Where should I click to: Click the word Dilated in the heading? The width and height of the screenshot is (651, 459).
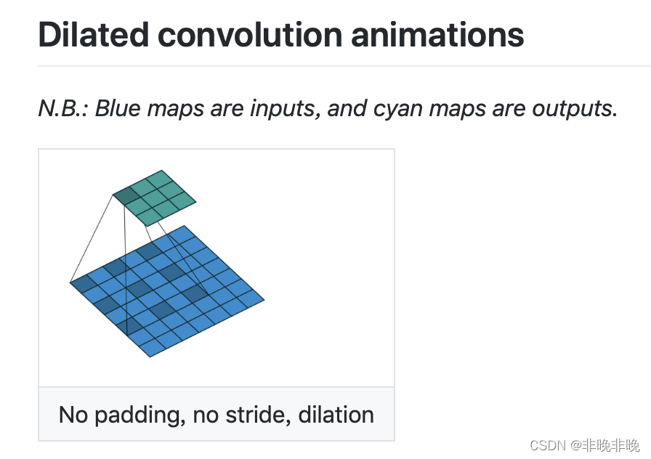tap(94, 34)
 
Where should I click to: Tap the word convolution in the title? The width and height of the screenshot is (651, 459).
tap(250, 34)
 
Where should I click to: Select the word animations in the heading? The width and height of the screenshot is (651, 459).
tap(437, 34)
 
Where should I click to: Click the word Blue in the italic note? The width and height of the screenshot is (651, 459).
tap(118, 109)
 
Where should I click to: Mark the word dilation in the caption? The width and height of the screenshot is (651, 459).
tap(336, 415)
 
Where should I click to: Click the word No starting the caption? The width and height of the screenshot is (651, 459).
tap(73, 415)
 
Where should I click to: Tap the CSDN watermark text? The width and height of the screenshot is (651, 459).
tap(585, 445)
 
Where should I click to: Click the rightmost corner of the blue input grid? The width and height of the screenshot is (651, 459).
tap(264, 299)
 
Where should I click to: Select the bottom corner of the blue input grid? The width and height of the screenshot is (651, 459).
tap(150, 357)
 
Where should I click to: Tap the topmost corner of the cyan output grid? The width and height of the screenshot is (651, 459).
tap(162, 170)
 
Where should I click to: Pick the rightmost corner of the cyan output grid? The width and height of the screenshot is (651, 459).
tap(196, 202)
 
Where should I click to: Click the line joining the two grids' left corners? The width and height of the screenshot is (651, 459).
tap(92, 239)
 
